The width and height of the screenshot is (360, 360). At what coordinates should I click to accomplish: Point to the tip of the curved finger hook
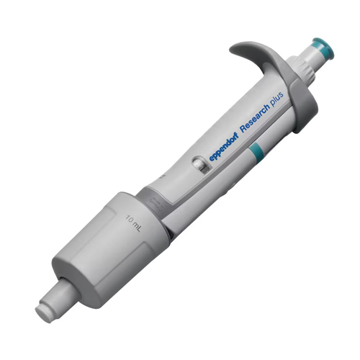pos(230,50)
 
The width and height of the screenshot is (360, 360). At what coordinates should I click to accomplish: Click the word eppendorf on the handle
pos(224,148)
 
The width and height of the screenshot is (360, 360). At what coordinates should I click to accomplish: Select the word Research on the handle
pos(255,118)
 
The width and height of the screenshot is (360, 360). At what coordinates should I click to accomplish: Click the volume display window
pos(201,166)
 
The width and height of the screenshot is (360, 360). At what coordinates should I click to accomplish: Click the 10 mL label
pos(133,222)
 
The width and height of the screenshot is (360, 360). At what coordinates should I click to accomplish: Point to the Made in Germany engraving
pos(156,202)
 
